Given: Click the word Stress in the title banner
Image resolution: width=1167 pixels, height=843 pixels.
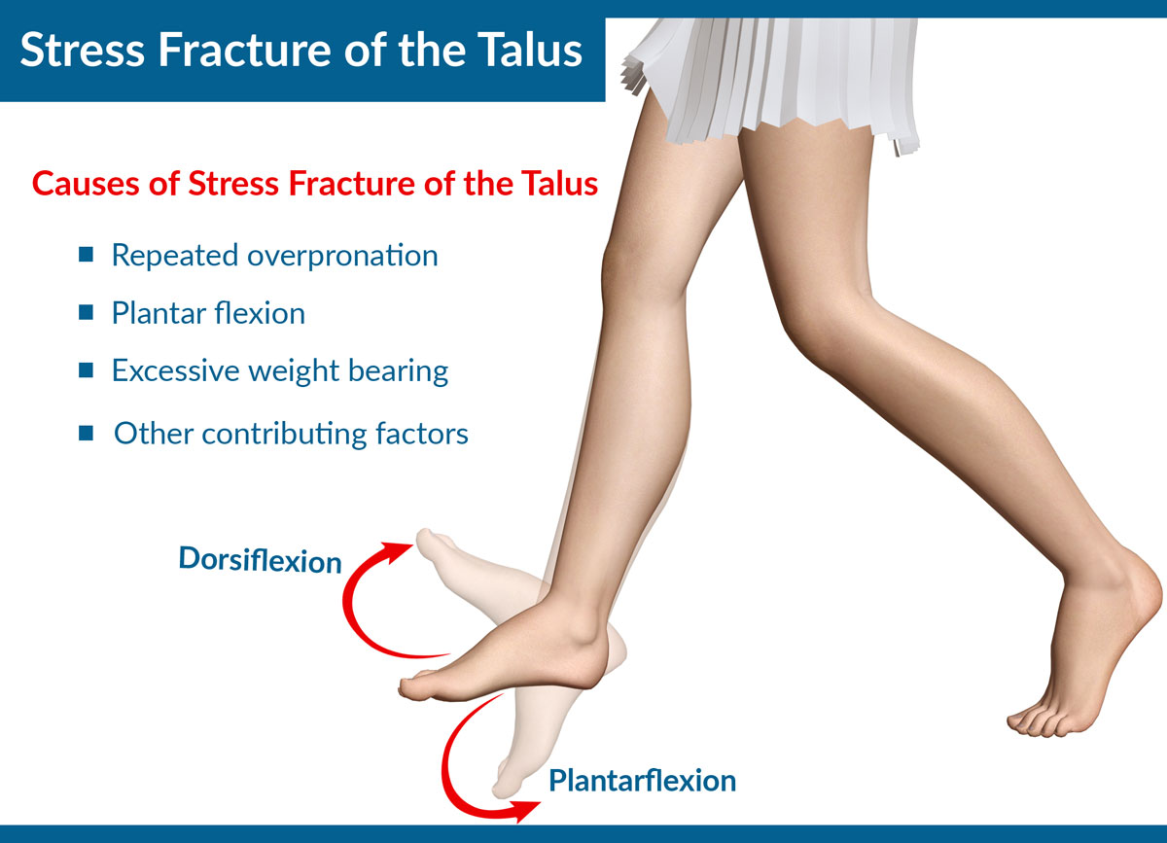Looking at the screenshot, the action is [83, 50].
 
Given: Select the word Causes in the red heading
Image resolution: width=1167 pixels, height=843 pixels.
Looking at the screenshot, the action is [86, 184].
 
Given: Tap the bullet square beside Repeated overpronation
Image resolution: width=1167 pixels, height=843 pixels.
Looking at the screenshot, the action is [86, 254].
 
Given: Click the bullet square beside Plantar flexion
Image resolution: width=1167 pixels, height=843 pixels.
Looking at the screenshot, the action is [86, 312].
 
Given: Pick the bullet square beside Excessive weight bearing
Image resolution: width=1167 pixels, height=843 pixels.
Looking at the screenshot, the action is [86, 369].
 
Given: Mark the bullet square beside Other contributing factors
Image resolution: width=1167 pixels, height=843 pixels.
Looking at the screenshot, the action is [86, 433].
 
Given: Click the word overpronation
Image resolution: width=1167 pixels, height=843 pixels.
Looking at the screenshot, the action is [342, 257].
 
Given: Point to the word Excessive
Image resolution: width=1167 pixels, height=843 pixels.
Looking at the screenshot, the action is [175, 370].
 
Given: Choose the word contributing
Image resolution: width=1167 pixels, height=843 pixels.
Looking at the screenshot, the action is [284, 435].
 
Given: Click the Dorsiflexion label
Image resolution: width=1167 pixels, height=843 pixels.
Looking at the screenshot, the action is [260, 560].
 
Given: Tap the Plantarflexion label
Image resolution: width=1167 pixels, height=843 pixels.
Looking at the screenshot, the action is [643, 781].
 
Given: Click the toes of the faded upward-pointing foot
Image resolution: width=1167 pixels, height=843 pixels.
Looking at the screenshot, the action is [430, 542].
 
